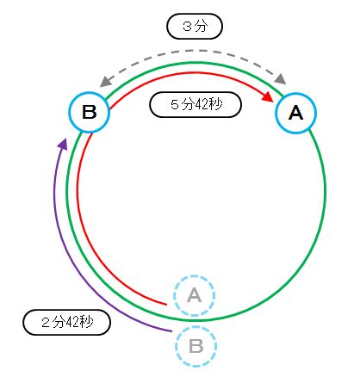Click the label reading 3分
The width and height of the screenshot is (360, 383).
click(195, 27)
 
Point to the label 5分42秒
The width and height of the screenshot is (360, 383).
click(196, 104)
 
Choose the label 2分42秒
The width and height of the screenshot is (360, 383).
click(66, 322)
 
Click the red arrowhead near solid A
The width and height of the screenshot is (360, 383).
click(268, 96)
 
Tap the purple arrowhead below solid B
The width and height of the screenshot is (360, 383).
click(63, 144)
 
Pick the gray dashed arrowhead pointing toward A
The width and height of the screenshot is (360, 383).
click(281, 78)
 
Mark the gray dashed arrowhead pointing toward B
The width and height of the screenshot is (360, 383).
click(105, 82)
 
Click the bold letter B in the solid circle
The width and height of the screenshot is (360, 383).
click(90, 112)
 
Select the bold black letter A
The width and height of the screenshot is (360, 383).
click(295, 113)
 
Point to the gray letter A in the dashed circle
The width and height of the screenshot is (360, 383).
click(195, 295)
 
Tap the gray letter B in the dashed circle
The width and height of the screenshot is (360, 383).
click(196, 346)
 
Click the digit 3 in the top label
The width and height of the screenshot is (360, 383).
click(187, 27)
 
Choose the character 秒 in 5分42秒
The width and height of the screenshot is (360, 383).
click(216, 104)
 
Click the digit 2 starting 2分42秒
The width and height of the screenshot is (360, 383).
click(46, 323)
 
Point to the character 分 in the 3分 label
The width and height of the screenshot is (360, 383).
click(201, 27)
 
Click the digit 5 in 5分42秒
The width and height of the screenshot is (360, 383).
click(175, 104)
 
